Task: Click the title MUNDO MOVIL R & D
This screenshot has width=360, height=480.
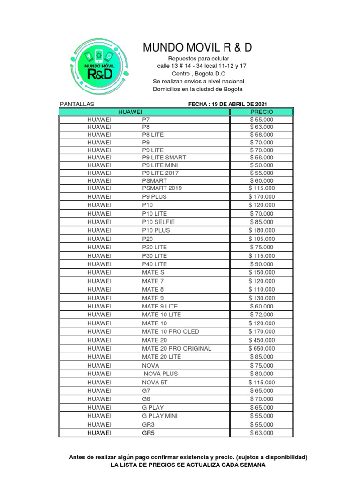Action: point(197,47)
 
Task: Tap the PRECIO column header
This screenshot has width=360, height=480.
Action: point(262,112)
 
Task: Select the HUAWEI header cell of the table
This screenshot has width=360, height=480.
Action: point(130,112)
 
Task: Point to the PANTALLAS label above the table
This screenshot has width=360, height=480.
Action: point(77,104)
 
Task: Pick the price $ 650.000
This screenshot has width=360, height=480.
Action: point(262,348)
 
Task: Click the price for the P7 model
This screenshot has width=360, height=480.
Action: point(262,120)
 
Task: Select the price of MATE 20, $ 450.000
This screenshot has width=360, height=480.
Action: point(262,340)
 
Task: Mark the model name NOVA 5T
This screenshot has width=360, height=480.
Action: point(153,382)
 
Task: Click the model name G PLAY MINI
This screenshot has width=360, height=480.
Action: point(160,416)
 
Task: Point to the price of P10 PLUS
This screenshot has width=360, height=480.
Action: point(262,230)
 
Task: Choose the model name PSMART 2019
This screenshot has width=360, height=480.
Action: point(161,188)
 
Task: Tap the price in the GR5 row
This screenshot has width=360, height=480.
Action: point(262,433)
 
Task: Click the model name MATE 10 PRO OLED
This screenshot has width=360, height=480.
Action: point(171,331)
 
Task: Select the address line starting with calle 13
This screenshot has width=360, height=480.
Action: point(202,66)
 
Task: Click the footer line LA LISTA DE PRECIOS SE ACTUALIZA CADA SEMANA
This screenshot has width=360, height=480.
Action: point(187,465)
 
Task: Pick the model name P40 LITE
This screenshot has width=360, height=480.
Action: point(154,264)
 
